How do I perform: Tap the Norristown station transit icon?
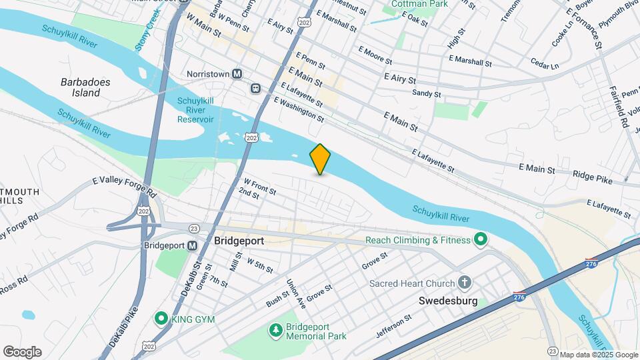tap(237, 74)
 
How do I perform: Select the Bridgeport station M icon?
tap(192, 245)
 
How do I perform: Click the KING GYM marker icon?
tap(160, 319)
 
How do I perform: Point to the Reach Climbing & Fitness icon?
tap(480, 239)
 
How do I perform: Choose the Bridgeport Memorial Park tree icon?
tap(275, 330)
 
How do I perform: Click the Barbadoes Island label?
tap(85, 87)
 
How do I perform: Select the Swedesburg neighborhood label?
tap(449, 301)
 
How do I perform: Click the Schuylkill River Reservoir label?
tap(195, 110)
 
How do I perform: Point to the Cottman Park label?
tap(419, 4)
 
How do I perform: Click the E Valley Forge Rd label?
tap(124, 186)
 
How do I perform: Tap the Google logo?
tap(22, 352)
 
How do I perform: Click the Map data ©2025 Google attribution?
tap(598, 355)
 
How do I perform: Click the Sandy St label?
tap(427, 94)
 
